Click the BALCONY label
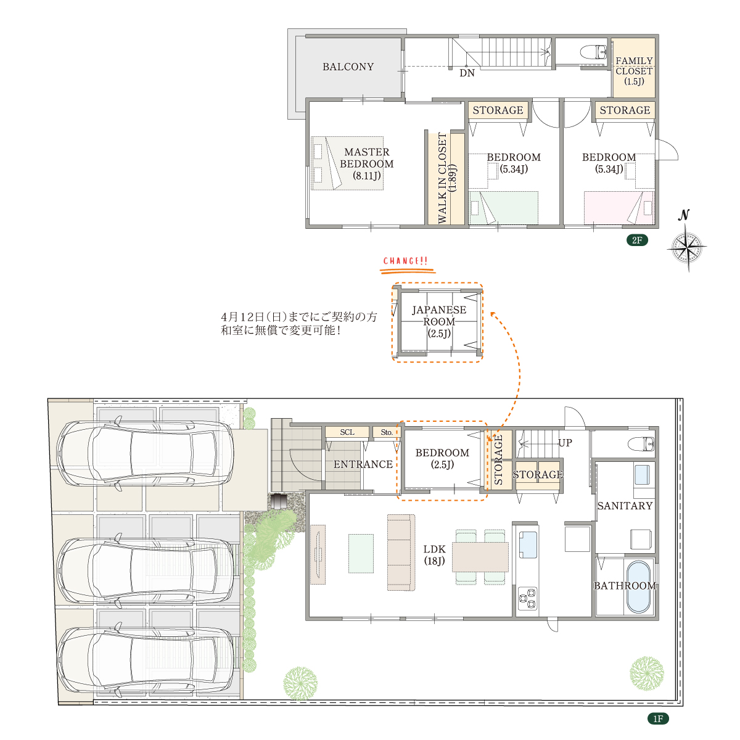[348, 67]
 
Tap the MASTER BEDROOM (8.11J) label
[366, 164]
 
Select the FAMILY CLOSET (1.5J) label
[634, 71]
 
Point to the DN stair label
[467, 73]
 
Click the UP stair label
[564, 443]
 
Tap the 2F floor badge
[637, 240]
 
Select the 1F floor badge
[658, 718]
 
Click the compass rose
[687, 247]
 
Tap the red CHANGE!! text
[406, 261]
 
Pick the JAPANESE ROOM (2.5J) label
[439, 321]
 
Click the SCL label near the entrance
[347, 432]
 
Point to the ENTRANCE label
[363, 464]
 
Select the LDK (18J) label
[434, 555]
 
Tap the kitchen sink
[528, 545]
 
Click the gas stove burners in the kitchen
[528, 599]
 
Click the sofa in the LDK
[401, 553]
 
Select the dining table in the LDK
[480, 557]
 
